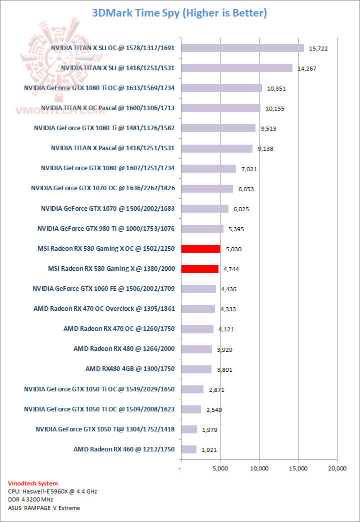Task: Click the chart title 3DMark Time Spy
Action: coord(179,13)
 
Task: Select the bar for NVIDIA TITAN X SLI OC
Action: coord(242,48)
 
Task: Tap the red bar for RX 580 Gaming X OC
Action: coord(201,249)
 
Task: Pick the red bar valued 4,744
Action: coord(200,269)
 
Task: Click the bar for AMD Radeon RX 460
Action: coord(189,449)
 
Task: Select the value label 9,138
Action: coord(265,149)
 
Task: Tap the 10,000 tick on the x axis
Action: coord(259,469)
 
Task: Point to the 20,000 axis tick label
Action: coord(336,469)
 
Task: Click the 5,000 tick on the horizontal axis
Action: coord(220,469)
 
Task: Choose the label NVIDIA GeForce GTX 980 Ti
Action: coord(106,229)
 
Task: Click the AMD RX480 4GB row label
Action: coord(130,369)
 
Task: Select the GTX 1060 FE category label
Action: coord(103,289)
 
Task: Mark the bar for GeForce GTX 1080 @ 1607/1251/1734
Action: coord(208,169)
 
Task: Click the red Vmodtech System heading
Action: coord(32,483)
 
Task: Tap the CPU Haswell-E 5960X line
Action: coord(52,491)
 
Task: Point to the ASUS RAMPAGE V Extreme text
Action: coord(44,508)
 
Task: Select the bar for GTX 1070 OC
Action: coord(207,189)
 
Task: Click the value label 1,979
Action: coord(209,430)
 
